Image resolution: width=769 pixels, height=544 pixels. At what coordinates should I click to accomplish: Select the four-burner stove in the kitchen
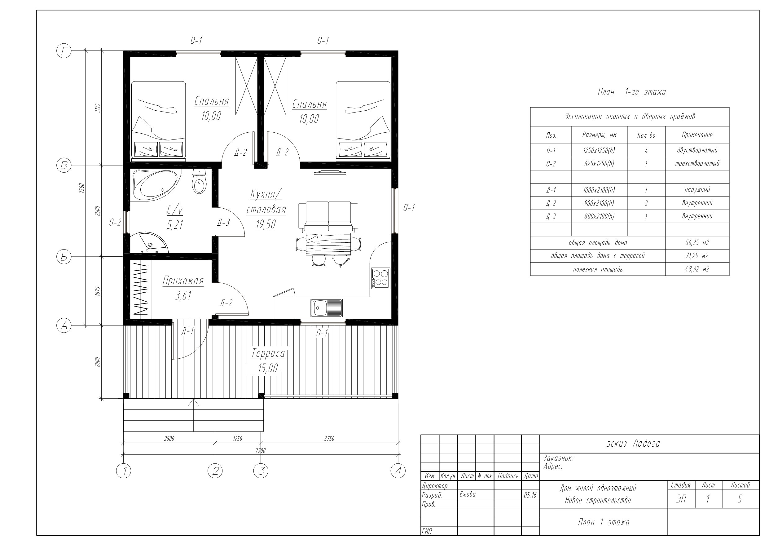[381, 279]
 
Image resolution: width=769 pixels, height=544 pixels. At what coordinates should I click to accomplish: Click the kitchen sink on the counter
[326, 308]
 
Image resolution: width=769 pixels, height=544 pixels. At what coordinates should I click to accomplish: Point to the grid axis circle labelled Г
[64, 51]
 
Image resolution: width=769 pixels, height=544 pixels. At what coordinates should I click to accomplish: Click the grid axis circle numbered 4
[398, 471]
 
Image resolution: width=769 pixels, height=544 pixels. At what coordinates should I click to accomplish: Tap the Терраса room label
[268, 353]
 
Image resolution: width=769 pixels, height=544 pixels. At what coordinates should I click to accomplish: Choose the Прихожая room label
[183, 281]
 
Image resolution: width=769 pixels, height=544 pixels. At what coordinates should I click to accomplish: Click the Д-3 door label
[223, 223]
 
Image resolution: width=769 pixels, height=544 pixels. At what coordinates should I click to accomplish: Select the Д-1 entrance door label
[187, 331]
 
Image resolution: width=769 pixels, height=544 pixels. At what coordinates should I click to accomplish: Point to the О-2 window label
[115, 222]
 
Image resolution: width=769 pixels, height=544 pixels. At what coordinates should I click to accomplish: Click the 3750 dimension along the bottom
[329, 438]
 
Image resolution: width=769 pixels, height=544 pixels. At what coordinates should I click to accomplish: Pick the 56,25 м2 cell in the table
[697, 243]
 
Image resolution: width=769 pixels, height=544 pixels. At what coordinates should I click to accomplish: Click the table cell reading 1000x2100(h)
[599, 190]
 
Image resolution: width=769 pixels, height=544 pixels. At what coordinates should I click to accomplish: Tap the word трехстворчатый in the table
[697, 164]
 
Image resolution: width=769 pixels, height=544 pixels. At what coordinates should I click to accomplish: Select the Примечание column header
[697, 135]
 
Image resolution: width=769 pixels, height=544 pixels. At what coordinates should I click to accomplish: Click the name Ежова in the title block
[467, 494]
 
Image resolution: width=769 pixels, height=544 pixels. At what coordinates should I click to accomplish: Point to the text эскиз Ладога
[633, 444]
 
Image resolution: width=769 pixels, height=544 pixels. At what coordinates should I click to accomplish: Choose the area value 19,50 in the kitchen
[266, 224]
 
